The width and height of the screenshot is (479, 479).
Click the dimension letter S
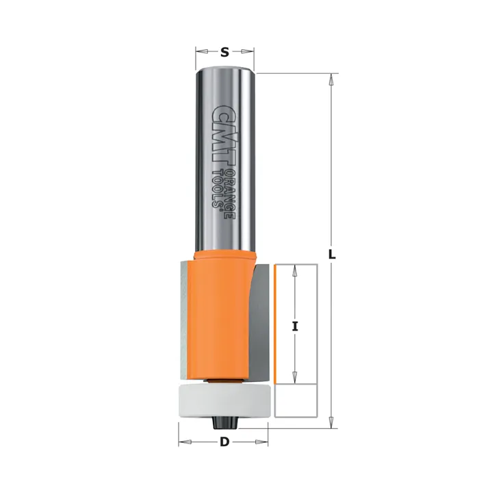(224, 52)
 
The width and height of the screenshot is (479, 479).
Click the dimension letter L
(332, 254)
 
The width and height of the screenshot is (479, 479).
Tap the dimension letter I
(295, 326)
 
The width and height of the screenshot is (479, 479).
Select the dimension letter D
(224, 442)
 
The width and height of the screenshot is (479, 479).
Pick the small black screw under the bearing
(224, 423)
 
